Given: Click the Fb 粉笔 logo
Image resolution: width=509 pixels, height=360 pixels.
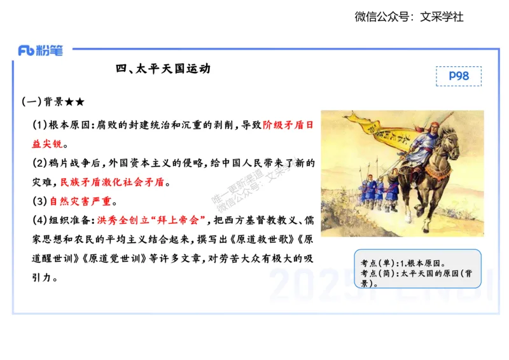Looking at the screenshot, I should click(41, 51).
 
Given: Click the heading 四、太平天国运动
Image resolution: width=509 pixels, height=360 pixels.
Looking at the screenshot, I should click(163, 69).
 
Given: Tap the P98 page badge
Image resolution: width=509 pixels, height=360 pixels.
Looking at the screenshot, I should click(459, 76).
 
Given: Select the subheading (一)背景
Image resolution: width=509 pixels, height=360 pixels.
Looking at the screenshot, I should click(52, 102).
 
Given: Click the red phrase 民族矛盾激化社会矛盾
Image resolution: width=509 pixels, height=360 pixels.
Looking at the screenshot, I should click(112, 182).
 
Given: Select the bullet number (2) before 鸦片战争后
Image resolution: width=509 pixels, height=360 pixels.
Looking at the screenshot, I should click(39, 163).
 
